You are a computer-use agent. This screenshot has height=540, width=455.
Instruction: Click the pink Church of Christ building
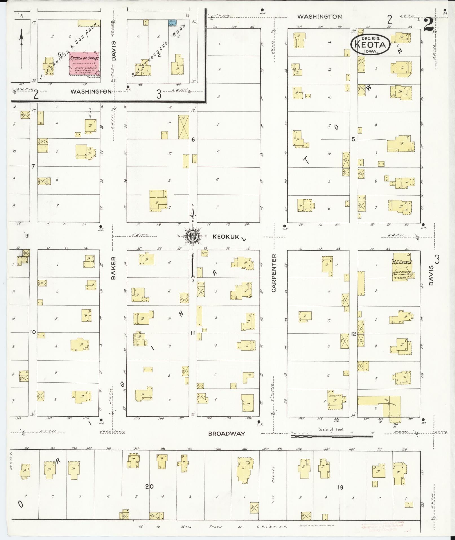(84, 64)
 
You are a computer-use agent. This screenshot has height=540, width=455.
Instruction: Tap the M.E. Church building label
(401, 262)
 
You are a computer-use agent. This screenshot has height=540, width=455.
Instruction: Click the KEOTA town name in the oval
(370, 45)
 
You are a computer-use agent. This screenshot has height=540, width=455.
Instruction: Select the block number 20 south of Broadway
(150, 486)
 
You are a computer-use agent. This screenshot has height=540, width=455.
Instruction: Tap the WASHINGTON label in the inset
(91, 91)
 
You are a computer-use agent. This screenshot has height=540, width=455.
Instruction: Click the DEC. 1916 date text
(370, 38)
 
